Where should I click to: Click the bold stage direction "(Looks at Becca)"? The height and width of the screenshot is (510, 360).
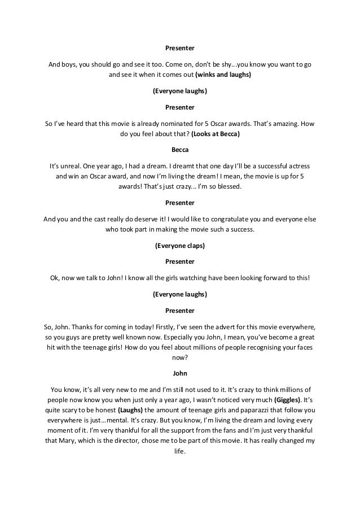[216, 134]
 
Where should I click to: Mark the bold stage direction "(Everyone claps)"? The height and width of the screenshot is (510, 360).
[180, 246]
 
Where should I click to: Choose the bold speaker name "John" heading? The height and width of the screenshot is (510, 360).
[180, 373]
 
